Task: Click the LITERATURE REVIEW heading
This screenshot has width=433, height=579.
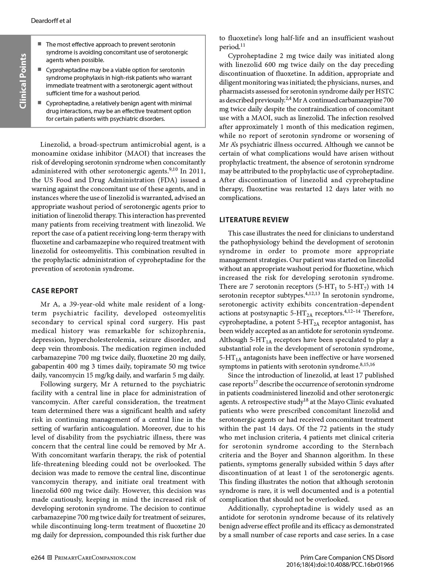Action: tap(254, 220)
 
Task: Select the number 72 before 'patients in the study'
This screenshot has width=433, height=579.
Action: tap(262, 429)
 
